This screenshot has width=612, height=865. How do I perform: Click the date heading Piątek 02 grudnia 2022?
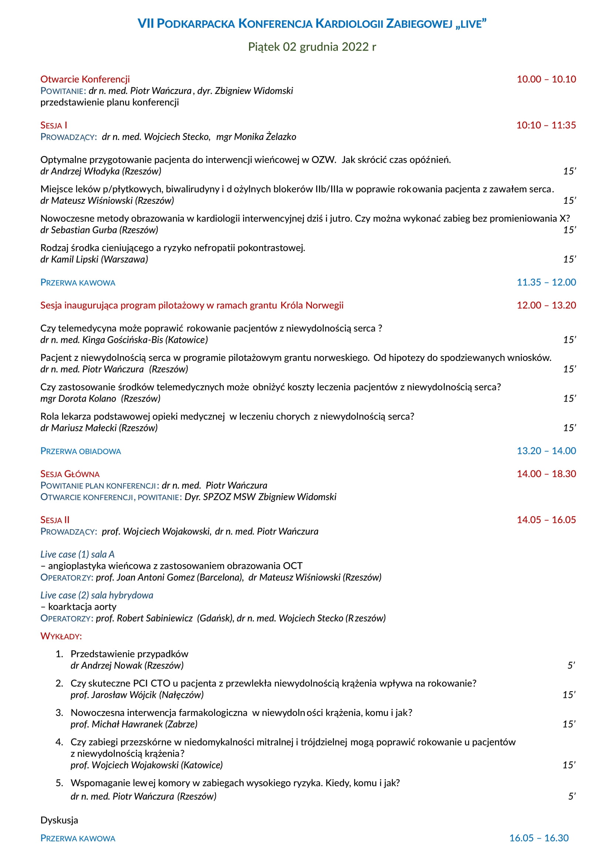[x=312, y=47]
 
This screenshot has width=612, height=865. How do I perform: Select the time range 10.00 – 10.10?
[x=546, y=79]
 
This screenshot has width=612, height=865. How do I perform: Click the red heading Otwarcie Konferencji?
[x=85, y=79]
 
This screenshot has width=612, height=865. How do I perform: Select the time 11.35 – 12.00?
[x=546, y=282]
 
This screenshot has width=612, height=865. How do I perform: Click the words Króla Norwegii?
[x=312, y=305]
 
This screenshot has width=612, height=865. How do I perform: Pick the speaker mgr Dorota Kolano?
[x=78, y=399]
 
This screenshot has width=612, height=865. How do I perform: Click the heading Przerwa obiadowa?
[x=81, y=451]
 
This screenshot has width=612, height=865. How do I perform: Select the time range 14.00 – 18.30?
[x=546, y=474]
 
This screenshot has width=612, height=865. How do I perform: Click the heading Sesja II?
[x=55, y=520]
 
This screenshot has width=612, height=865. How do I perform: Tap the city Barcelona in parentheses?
[x=220, y=578]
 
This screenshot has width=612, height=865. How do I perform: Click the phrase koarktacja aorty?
[x=82, y=607]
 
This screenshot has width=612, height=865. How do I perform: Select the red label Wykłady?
[x=61, y=636]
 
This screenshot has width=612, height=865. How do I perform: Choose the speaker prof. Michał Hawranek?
[x=117, y=724]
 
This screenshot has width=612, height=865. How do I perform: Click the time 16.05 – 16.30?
[x=538, y=838]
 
